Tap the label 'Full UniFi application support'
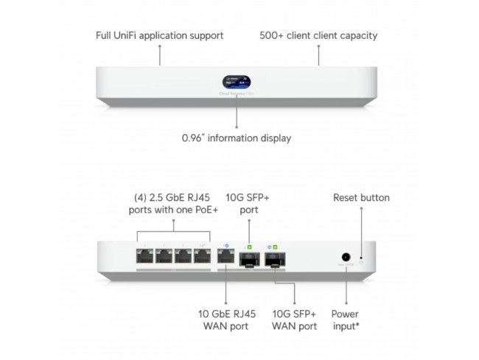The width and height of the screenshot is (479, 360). click(160, 35)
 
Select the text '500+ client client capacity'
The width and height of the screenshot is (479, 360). click(318, 35)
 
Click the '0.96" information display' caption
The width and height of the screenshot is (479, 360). click(237, 138)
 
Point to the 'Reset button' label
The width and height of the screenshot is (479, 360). click(361, 197)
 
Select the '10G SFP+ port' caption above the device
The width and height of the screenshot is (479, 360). click(249, 204)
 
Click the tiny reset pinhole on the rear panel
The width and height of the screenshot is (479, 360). click(360, 258)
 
